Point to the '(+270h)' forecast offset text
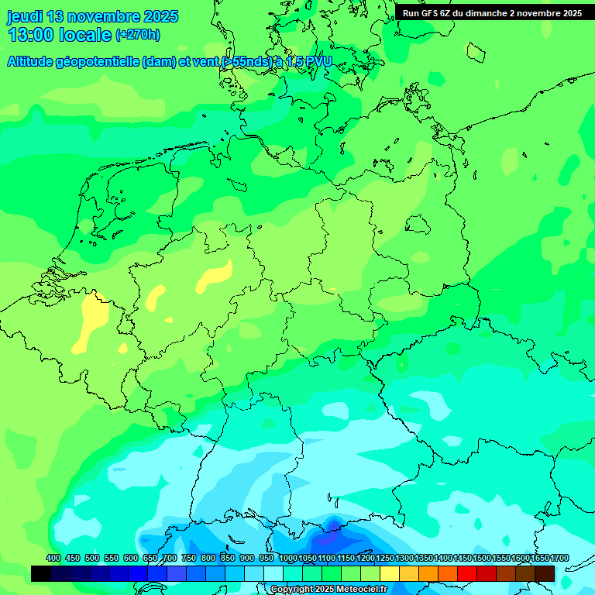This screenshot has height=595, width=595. (x=137, y=35)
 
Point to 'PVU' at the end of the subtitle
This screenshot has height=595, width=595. (x=317, y=62)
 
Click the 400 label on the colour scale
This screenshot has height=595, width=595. (x=53, y=559)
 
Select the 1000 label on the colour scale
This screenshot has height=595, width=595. (x=288, y=559)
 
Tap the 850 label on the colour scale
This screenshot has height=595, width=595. (x=228, y=559)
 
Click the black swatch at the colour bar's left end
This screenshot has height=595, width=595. (x=41, y=573)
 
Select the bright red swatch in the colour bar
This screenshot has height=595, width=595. (x=467, y=573)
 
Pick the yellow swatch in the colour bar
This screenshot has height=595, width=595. (x=390, y=573)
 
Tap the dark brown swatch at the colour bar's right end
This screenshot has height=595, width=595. (x=545, y=573)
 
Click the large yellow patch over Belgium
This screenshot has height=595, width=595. (x=94, y=319)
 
